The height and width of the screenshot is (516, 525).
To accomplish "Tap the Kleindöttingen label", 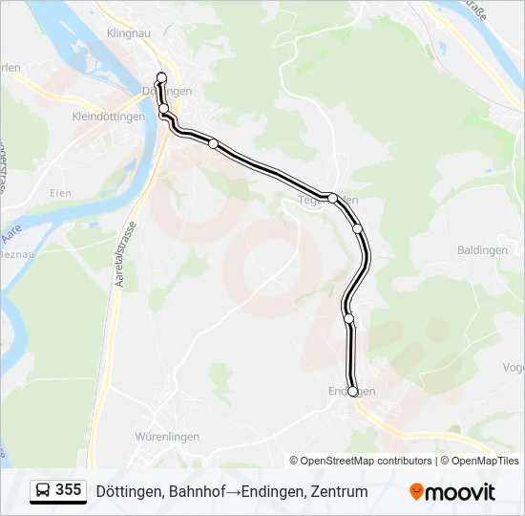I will pyautogui.click(x=109, y=117).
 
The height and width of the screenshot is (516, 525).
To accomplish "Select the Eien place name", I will pyautogui.click(x=60, y=193).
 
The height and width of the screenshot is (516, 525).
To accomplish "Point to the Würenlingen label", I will pyautogui.click(x=168, y=437).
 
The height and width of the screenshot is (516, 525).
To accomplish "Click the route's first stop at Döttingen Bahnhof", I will pyautogui.click(x=161, y=77).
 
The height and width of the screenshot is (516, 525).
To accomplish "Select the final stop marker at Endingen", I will pyautogui.click(x=353, y=391).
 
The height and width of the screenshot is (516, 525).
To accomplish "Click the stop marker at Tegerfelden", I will pyautogui.click(x=332, y=198).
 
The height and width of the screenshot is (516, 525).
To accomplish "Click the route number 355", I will pyautogui.click(x=69, y=490).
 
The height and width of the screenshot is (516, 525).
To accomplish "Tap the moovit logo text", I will pyautogui.click(x=460, y=492).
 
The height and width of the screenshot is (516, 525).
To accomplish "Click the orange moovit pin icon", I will pyautogui.click(x=416, y=492).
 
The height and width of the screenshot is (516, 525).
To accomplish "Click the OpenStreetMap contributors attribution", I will pyautogui.click(x=367, y=461).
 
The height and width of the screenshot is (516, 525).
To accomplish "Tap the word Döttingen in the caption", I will pyautogui.click(x=128, y=492).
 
